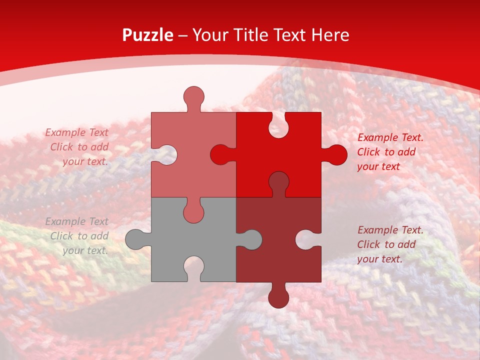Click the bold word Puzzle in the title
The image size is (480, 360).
coord(148,35)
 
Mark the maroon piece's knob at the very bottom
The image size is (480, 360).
coord(278,297)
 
